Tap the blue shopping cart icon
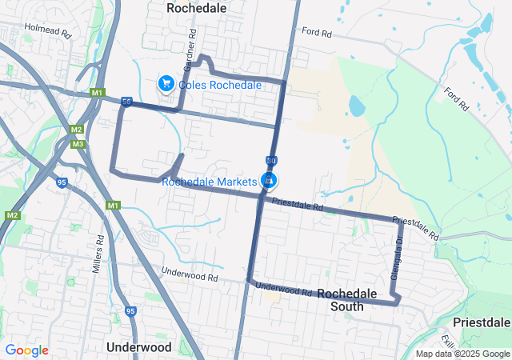166,82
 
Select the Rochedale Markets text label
209,182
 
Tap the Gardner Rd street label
191,46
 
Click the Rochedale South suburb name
347,300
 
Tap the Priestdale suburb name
481,322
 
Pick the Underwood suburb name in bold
138,347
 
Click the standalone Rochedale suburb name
196,7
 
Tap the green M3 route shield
78,144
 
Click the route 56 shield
126,102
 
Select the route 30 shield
272,161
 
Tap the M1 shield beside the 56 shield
98,94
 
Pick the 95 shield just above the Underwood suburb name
130,310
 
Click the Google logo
26,350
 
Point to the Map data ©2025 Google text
462,354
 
